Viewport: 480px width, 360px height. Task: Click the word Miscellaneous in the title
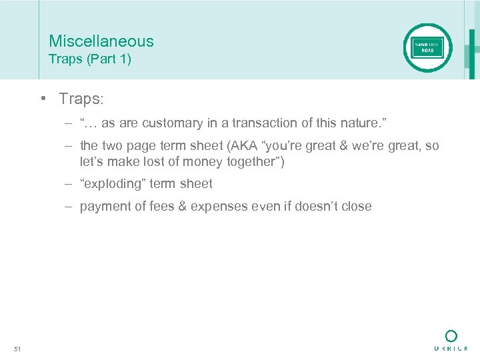point(101,41)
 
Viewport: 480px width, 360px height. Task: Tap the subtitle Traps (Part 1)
point(90,59)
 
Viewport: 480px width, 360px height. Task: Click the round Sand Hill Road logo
point(427,48)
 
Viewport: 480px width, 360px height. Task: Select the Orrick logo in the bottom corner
point(451,340)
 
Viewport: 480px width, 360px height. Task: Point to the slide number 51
point(17,349)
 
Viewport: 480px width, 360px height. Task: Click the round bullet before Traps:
point(41,99)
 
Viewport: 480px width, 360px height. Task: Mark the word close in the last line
point(355,207)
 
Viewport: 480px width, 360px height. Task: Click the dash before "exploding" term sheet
point(69,183)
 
